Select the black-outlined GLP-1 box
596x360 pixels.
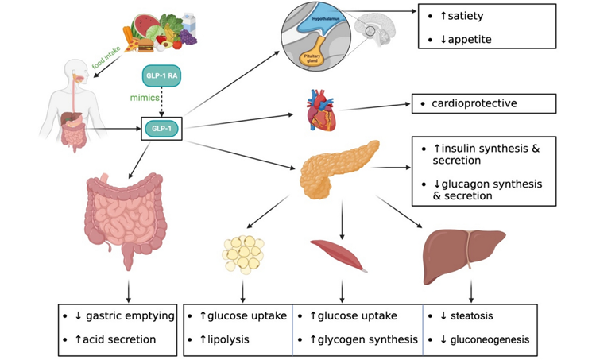pos(161,126)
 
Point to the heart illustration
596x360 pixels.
pos(322,112)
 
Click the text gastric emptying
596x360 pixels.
pos(130,316)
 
